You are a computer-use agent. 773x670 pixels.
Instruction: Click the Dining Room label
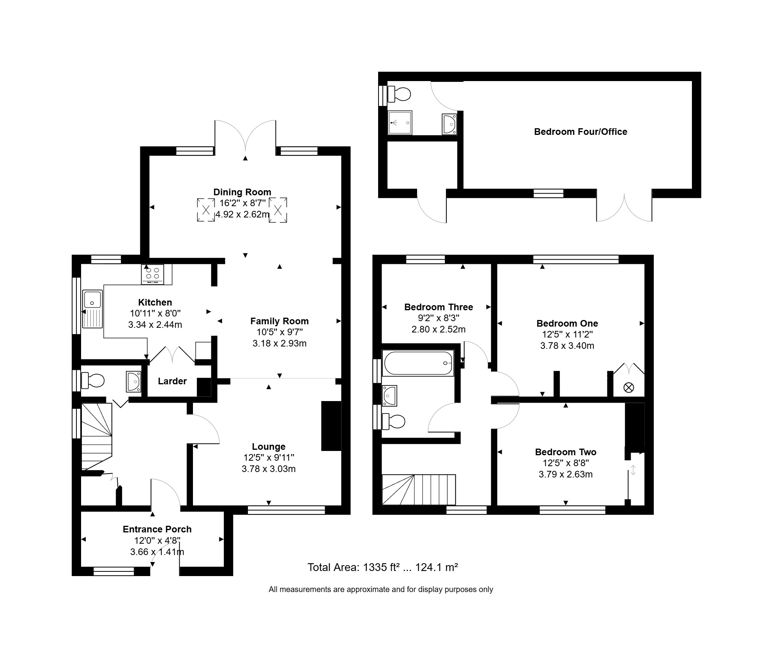242,192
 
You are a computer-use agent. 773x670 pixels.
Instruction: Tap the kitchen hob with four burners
152,274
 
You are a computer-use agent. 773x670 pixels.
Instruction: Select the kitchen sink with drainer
92,309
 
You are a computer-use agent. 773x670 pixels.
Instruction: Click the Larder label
172,381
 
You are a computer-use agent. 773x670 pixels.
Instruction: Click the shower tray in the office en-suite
400,122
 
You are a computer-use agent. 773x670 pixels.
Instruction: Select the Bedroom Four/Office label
580,132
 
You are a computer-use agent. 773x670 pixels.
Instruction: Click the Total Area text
382,567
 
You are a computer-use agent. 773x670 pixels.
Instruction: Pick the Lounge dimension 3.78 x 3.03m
269,469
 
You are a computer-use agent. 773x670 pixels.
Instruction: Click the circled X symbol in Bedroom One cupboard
629,387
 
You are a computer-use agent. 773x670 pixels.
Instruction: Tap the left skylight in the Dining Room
206,210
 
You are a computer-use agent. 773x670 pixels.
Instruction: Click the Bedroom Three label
439,307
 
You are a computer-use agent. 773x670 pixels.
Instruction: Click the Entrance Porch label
157,529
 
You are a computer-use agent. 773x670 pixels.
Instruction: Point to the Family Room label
279,321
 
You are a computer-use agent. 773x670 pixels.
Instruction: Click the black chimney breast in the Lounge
331,426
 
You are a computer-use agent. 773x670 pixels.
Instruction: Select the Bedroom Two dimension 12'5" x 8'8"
566,463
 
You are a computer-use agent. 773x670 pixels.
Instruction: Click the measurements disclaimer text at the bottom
381,589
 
